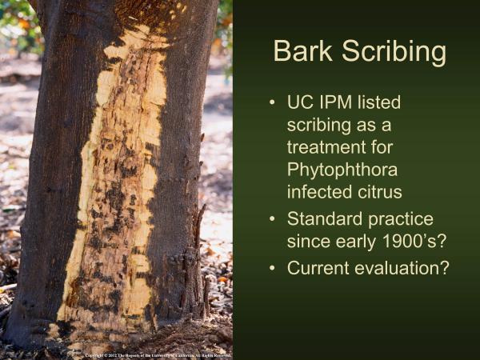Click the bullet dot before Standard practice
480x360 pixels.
tap(274, 218)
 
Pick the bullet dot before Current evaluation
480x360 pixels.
tap(274, 268)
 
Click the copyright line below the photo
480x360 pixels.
tap(158, 354)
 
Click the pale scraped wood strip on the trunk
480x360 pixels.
tap(120, 200)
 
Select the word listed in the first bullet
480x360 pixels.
tap(382, 104)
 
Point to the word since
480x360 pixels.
tap(306, 241)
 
